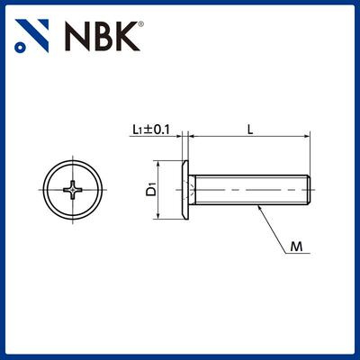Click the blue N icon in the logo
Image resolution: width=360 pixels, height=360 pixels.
point(33,35)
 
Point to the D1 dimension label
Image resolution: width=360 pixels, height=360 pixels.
point(151,190)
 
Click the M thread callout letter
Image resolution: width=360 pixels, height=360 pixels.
point(298,245)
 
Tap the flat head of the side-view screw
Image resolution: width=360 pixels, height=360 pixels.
point(185,190)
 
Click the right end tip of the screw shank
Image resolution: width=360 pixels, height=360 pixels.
point(310,190)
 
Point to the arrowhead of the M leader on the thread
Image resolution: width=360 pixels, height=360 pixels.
point(260,207)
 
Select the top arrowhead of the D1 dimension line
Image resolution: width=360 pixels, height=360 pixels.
point(161,164)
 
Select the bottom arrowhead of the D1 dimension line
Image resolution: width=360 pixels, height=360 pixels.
point(161,216)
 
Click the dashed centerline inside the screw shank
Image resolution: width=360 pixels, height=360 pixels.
point(252,190)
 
